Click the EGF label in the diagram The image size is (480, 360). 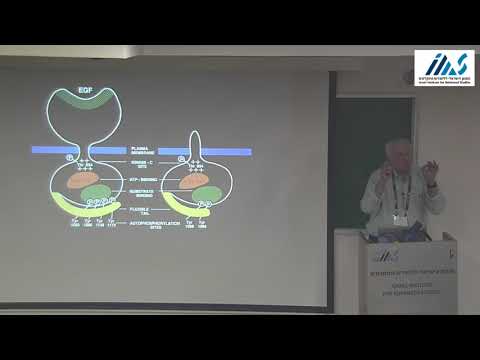pyautogui.click(x=89, y=91)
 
